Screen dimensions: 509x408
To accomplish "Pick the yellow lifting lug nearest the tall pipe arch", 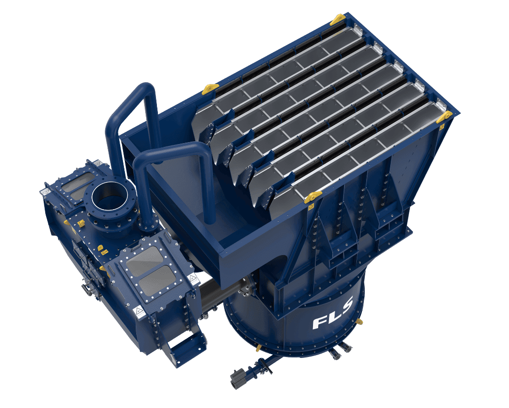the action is [x=210, y=89].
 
